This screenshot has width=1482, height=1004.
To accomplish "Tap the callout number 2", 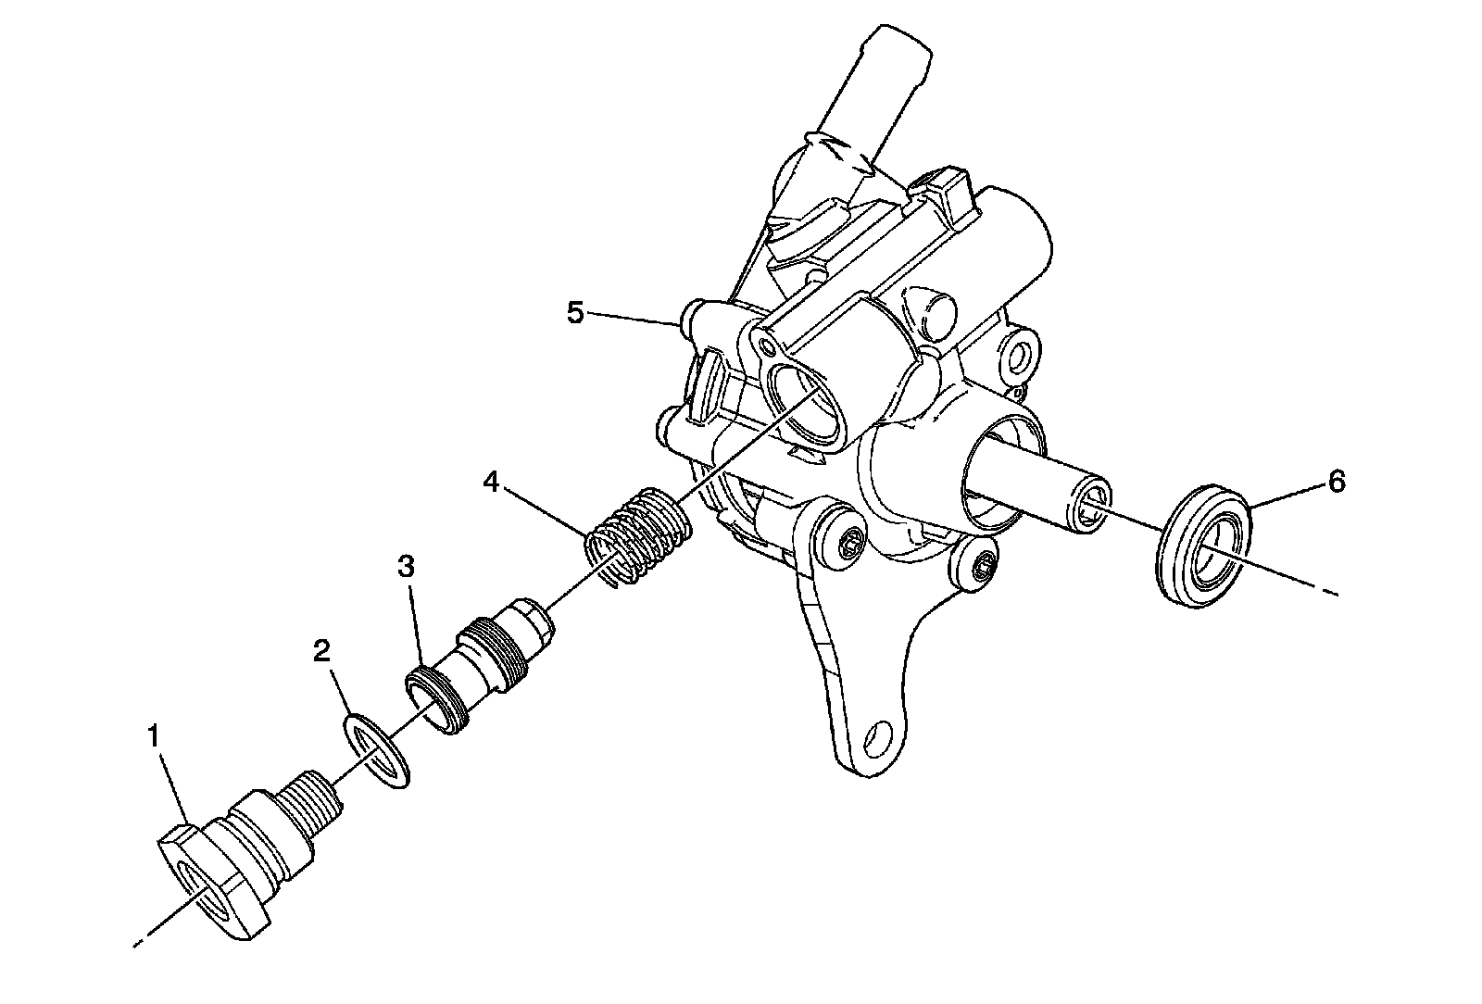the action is [320, 652].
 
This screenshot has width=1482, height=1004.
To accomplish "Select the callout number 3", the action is [406, 567].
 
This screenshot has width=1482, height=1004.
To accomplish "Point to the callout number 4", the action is [491, 483].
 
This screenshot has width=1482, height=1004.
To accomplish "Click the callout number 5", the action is [576, 313].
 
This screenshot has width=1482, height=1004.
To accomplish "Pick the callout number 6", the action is [1336, 483].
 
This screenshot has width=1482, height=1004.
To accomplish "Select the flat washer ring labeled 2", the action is [378, 751].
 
